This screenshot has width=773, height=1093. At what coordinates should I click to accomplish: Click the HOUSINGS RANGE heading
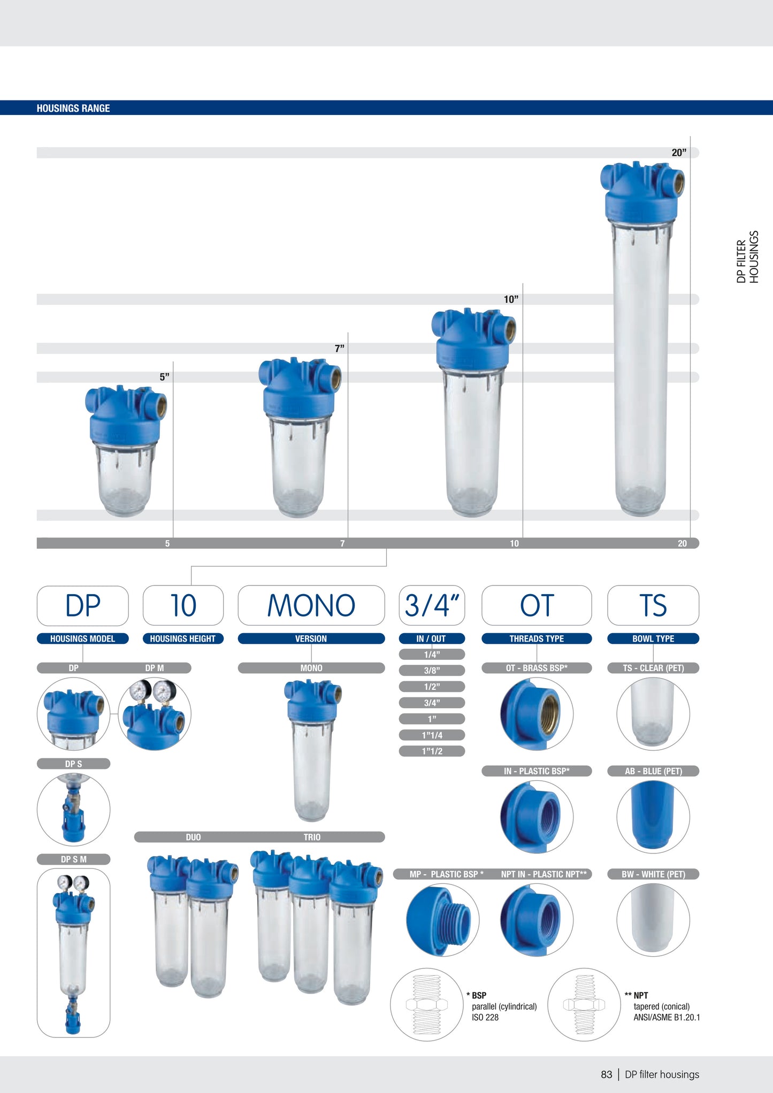tap(73, 108)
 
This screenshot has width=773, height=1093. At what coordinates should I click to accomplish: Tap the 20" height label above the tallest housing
tap(679, 152)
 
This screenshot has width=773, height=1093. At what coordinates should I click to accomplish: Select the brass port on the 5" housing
tap(160, 407)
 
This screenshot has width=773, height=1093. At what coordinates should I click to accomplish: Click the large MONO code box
tap(311, 605)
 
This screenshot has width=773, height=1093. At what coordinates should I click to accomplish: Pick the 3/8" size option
tap(432, 671)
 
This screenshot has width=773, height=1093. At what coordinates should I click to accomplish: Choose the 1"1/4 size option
tap(432, 735)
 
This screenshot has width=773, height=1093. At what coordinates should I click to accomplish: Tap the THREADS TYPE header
tap(537, 638)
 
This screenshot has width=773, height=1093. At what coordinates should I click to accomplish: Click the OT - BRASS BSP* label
tap(537, 668)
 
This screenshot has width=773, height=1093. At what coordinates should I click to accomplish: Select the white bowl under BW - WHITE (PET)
tap(653, 919)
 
